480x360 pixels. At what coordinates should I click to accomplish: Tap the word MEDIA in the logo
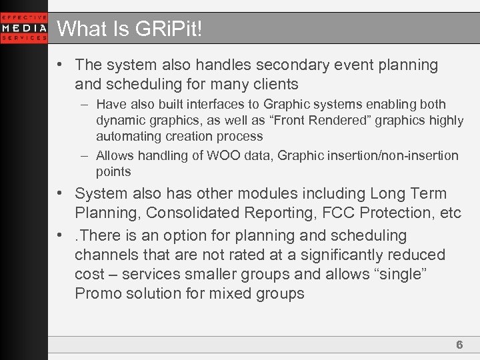24,28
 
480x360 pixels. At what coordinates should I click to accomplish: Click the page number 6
459,345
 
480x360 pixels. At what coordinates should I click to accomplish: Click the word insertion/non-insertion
393,156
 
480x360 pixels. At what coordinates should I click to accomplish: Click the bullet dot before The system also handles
60,65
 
